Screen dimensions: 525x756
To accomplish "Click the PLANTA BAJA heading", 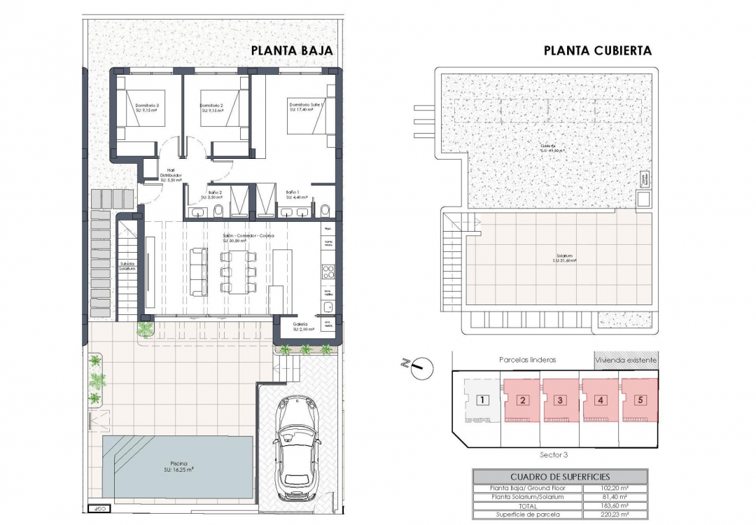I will (291, 50).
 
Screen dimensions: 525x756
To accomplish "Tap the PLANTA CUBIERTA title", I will (597, 50).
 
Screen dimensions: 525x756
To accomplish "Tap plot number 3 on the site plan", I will (559, 400).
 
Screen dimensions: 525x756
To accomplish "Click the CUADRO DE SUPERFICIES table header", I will (559, 476).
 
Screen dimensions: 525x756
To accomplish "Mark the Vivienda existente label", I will (626, 360).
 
